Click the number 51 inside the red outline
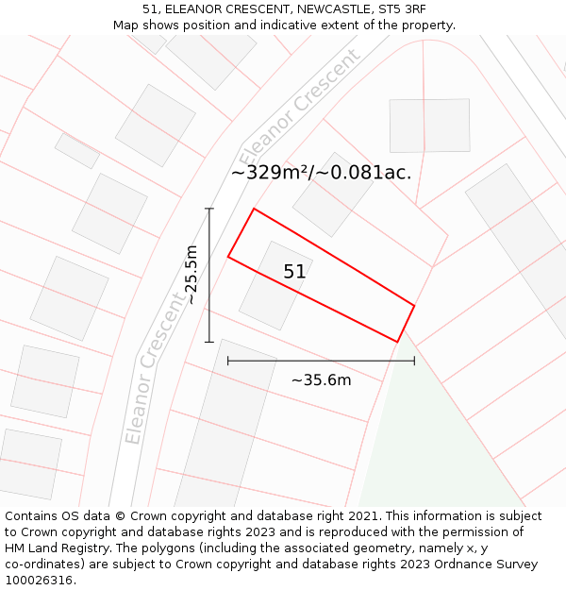point(294,272)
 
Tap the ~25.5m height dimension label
point(191,275)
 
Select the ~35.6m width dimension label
point(321,379)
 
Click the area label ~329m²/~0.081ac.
point(321,173)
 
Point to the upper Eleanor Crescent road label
point(299,106)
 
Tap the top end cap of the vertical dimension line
point(209,209)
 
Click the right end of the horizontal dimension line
point(414,361)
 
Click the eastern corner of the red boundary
point(414,305)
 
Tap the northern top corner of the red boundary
point(254,209)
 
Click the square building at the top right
point(429,125)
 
